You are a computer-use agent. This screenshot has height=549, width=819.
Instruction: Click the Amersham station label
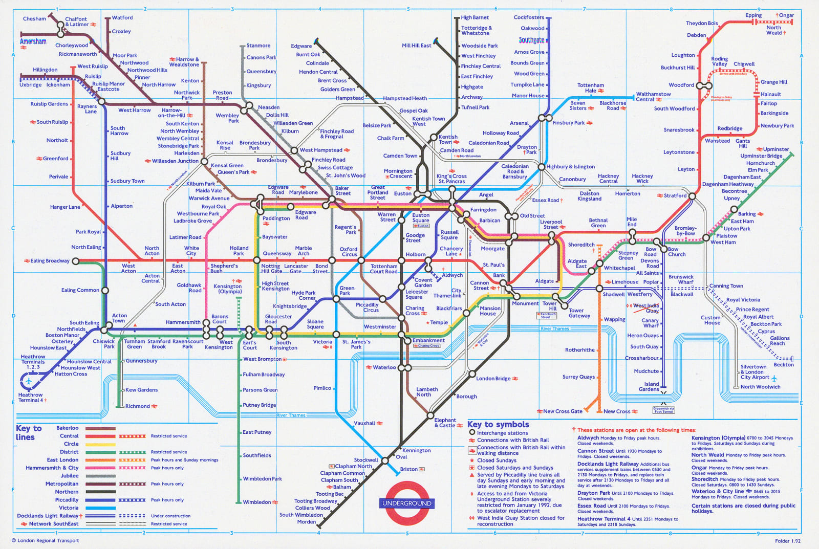[33, 41]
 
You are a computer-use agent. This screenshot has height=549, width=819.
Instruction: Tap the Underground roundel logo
[407, 503]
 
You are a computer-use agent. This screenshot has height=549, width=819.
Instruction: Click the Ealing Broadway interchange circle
[76, 261]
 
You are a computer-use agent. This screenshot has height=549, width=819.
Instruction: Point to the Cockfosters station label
[529, 17]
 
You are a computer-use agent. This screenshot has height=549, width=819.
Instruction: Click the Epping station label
[753, 15]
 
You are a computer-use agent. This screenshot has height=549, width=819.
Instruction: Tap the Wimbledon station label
[257, 502]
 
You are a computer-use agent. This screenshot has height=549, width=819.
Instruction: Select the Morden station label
[307, 522]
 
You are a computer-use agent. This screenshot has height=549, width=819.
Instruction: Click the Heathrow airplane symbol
[29, 382]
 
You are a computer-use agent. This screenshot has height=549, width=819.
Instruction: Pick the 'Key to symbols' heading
[498, 424]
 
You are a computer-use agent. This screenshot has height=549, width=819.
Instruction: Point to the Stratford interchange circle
[692, 196]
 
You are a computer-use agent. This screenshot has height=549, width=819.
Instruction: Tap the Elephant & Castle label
[445, 423]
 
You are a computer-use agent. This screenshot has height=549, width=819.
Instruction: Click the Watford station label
[122, 17]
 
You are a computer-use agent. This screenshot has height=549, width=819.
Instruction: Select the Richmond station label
[138, 406]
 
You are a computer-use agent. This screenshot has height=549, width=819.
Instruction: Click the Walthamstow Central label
[653, 97]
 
